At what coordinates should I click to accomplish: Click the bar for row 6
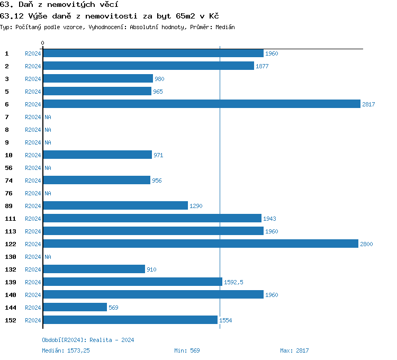pyautogui.click(x=201, y=104)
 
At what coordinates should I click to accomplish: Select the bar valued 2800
pyautogui.click(x=201, y=244)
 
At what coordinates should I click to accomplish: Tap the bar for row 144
pyautogui.click(x=75, y=308)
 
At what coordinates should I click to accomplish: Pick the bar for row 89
pyautogui.click(x=115, y=206)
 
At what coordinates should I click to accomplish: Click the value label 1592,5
pyautogui.click(x=233, y=282)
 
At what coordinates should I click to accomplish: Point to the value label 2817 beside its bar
pyautogui.click(x=368, y=104)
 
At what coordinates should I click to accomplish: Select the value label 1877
pyautogui.click(x=263, y=66)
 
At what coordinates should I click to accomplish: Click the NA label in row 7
pyautogui.click(x=48, y=117)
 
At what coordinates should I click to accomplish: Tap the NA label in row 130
pyautogui.click(x=48, y=257)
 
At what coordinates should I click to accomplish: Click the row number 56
pyautogui.click(x=8, y=168)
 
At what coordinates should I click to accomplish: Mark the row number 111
pyautogui.click(x=11, y=219)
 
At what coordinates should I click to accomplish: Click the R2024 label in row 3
pyautogui.click(x=33, y=79)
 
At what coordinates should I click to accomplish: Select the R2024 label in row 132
pyautogui.click(x=33, y=269)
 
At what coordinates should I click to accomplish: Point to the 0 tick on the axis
pyautogui.click(x=43, y=43)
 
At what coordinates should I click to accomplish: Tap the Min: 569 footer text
pyautogui.click(x=187, y=350)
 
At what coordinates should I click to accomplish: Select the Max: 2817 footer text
pyautogui.click(x=294, y=350)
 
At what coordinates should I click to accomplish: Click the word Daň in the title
pyautogui.click(x=25, y=4)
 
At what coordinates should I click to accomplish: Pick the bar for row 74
pyautogui.click(x=96, y=181)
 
